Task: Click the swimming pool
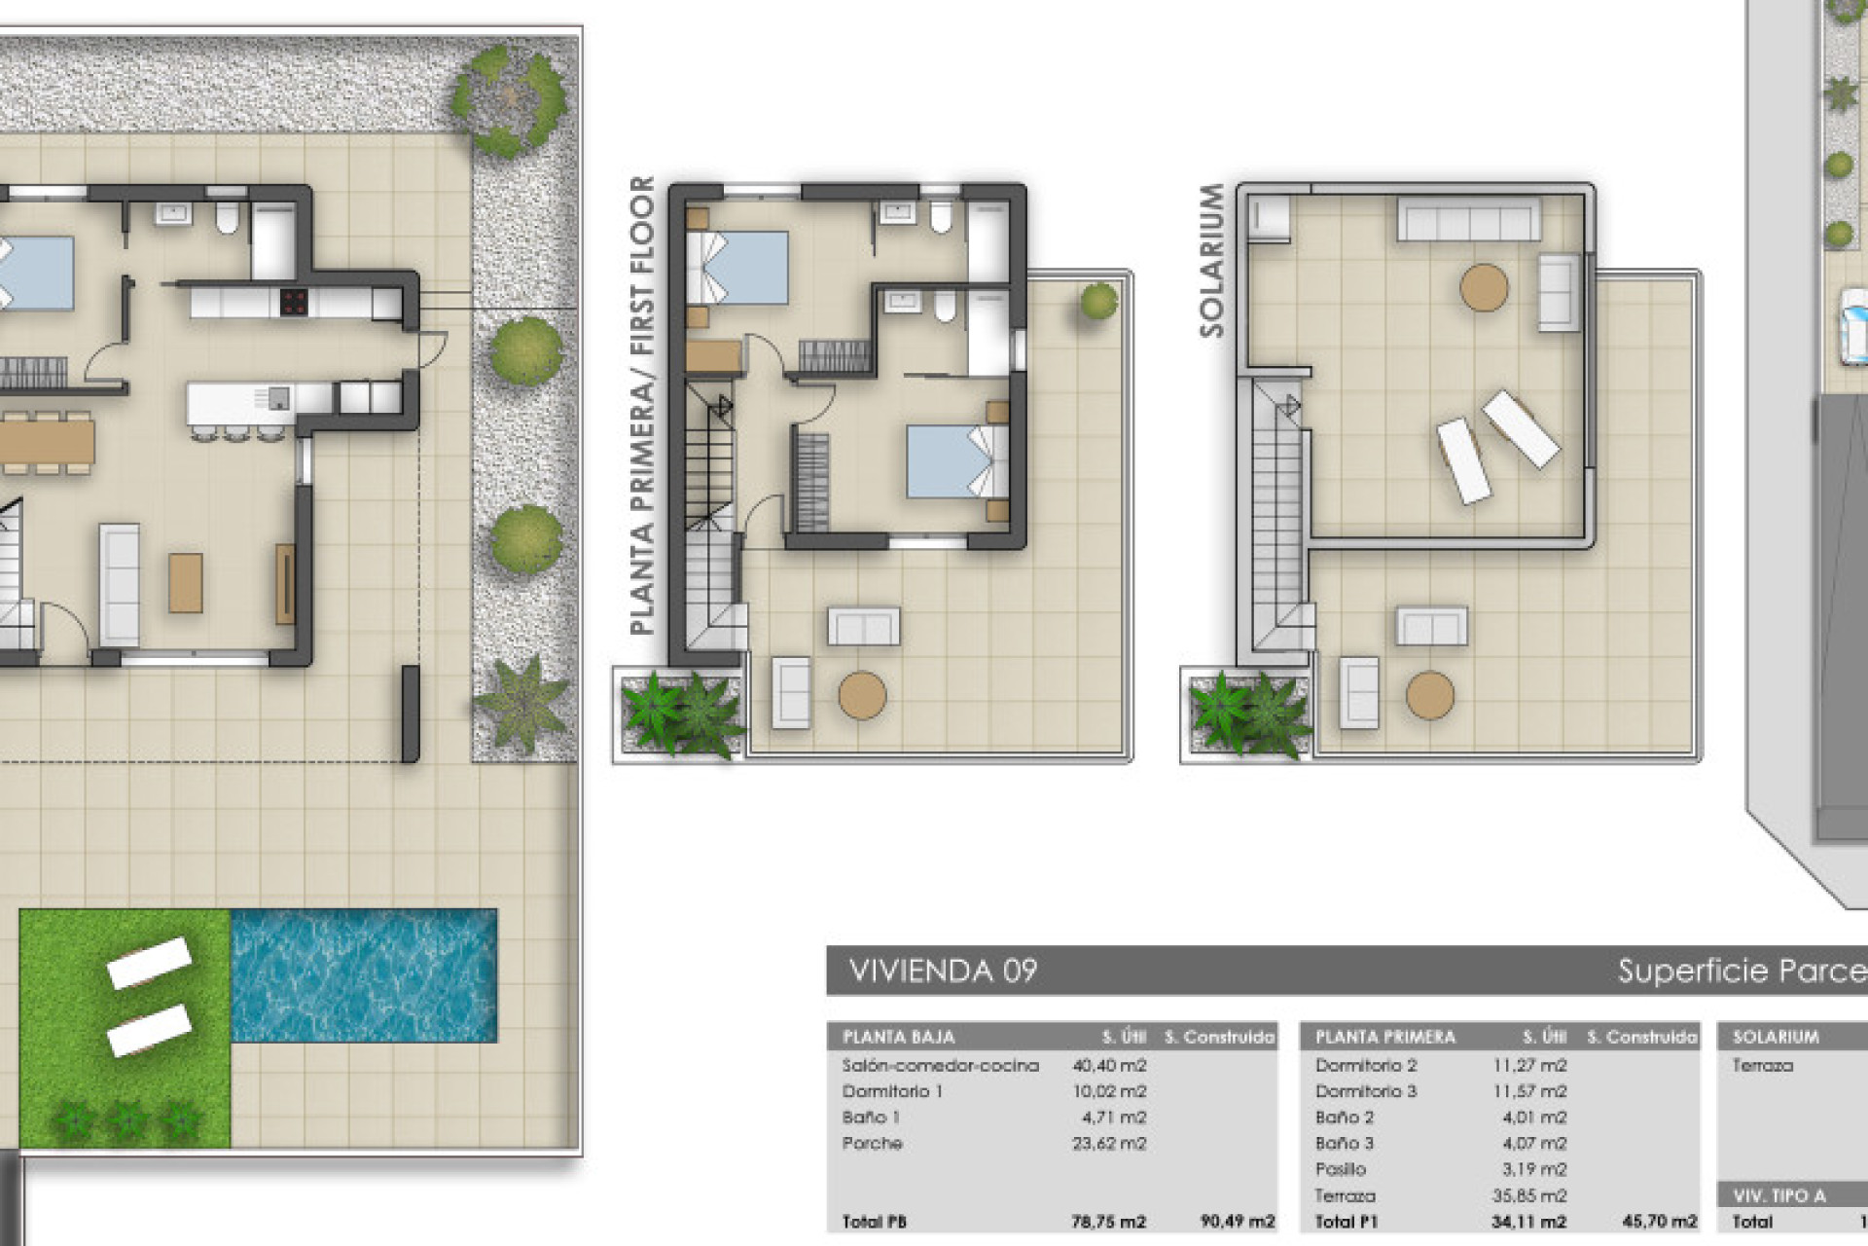point(364,975)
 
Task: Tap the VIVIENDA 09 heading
point(943,971)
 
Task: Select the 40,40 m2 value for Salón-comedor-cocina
point(1109,1066)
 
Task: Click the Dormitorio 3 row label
point(1366,1091)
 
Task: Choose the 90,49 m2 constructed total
point(1238,1221)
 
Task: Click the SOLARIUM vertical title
point(1211,261)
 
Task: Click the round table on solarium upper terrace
point(1484,287)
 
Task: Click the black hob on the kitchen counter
point(294,303)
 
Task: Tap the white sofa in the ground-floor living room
point(120,584)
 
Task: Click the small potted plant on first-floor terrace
point(1099,301)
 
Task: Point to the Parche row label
point(872,1143)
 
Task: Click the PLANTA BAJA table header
point(898,1037)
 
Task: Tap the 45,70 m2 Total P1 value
point(1660,1221)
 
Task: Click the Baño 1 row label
point(870,1118)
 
